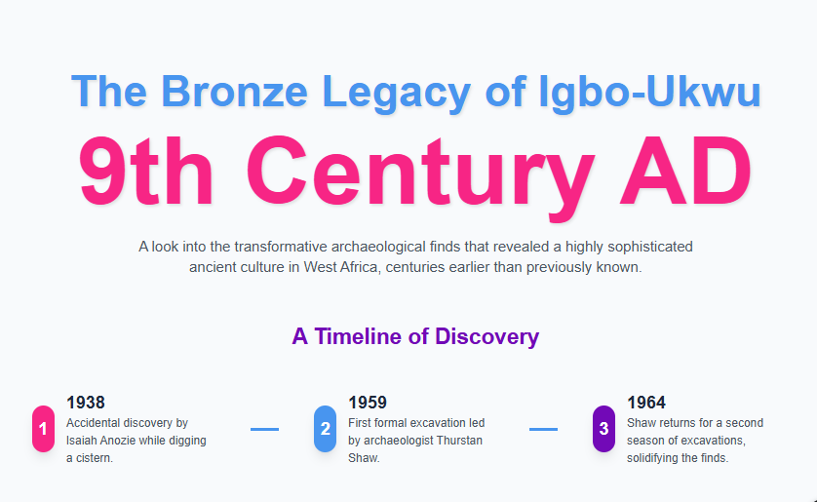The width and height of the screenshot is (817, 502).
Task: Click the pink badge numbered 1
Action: pyautogui.click(x=43, y=429)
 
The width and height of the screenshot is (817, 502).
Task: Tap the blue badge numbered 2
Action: pyautogui.click(x=325, y=429)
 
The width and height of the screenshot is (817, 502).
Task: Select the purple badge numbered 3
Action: pyautogui.click(x=603, y=429)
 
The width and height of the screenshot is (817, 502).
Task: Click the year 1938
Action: pyautogui.click(x=86, y=403)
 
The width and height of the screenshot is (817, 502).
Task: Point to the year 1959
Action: pyautogui.click(x=368, y=403)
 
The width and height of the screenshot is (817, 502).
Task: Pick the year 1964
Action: pyautogui.click(x=646, y=403)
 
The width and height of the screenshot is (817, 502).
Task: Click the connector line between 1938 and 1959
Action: pyautogui.click(x=264, y=429)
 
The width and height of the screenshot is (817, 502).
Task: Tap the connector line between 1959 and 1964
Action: pyautogui.click(x=543, y=429)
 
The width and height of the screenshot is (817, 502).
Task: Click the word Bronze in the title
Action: pyautogui.click(x=234, y=92)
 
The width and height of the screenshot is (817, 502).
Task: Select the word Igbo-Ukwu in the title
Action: pyautogui.click(x=649, y=93)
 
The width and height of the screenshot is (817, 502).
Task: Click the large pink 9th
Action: pyautogui.click(x=145, y=171)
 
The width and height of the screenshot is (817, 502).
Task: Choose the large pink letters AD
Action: pyautogui.click(x=685, y=171)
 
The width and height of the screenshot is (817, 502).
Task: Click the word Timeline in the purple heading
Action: pyautogui.click(x=359, y=336)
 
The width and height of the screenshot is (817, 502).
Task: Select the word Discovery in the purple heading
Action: pyautogui.click(x=486, y=337)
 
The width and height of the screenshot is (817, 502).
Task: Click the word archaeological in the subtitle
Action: pyautogui.click(x=377, y=247)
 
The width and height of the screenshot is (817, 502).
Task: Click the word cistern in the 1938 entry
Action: pyautogui.click(x=94, y=458)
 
